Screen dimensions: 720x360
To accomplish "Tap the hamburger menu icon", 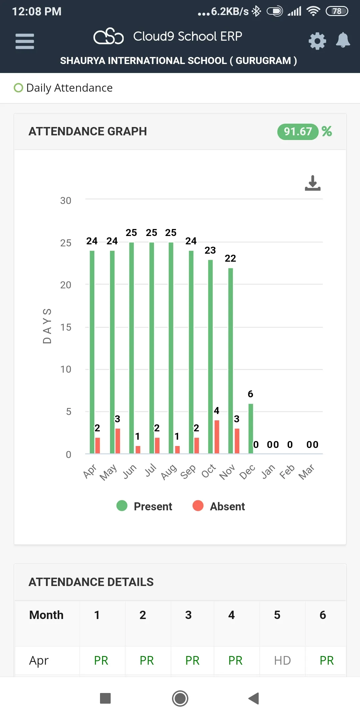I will (x=25, y=41).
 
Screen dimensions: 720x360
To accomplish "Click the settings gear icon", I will (x=317, y=41).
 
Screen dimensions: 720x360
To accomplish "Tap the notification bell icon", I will (x=343, y=40).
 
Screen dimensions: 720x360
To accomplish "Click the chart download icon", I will (x=313, y=183).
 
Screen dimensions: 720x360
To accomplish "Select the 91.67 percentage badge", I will (x=298, y=132).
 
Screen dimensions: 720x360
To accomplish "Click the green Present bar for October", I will (x=210, y=357).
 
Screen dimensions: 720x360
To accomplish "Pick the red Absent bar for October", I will (x=217, y=437).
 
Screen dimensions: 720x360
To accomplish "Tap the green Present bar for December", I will (x=251, y=428).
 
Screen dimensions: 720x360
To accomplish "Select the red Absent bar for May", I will (x=118, y=441).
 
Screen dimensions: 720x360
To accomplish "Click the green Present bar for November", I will (x=231, y=360).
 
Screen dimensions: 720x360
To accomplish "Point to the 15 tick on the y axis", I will (x=66, y=327).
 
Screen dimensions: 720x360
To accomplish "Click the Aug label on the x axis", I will (x=169, y=472).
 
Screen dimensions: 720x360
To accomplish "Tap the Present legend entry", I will (x=144, y=506).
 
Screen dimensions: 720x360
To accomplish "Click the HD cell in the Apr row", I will (x=282, y=660).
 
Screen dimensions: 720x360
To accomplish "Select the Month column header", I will (x=46, y=615).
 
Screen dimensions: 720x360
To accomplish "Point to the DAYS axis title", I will (x=47, y=326).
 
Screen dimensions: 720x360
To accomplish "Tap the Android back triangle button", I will (x=254, y=698).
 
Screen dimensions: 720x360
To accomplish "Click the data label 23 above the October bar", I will (x=210, y=250).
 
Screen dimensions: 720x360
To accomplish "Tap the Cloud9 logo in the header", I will (x=109, y=36).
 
